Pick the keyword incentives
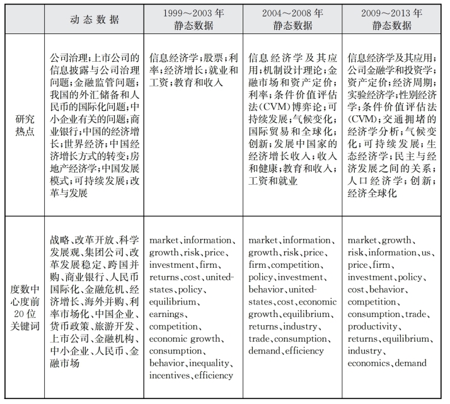click(x=170, y=376)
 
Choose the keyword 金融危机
click(x=96, y=288)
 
